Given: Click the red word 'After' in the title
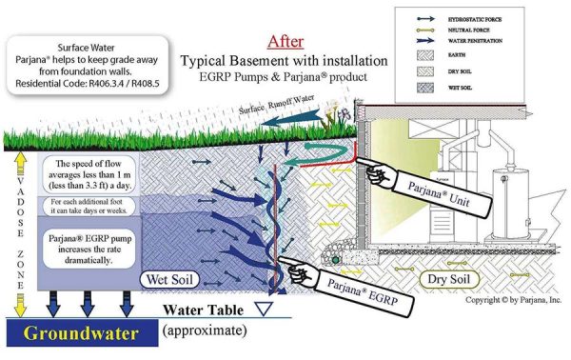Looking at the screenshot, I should [x=286, y=41].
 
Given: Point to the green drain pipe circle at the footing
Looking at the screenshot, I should [x=334, y=257].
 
